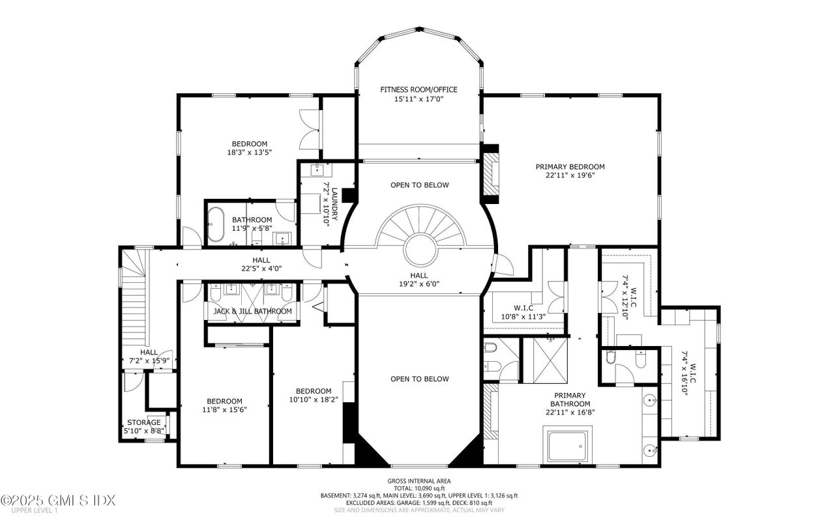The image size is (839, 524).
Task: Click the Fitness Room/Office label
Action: (419, 89)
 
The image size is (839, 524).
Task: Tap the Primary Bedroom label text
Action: (570, 167)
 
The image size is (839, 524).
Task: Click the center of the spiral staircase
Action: (419, 248)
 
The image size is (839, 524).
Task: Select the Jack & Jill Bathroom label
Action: (252, 312)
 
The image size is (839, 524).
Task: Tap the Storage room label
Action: (143, 422)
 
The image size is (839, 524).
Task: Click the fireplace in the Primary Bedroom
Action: (490, 173)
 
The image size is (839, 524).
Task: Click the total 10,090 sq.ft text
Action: (419, 488)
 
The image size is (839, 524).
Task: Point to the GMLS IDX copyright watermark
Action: (58, 501)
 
